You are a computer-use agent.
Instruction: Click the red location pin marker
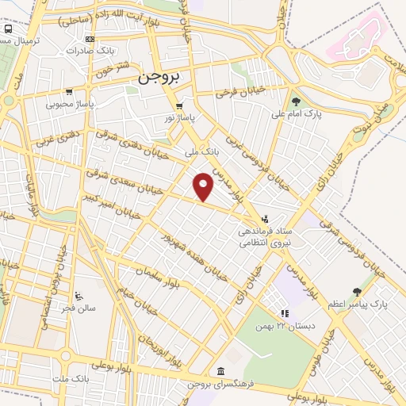tap(204, 186)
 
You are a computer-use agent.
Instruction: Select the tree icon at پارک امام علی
tap(297, 101)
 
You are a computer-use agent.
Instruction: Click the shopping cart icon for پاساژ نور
tap(180, 105)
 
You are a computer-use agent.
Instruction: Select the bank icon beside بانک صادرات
tap(90, 39)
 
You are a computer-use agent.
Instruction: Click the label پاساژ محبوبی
tap(70, 103)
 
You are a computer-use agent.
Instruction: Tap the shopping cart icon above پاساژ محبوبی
tap(69, 91)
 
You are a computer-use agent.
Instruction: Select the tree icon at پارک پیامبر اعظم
tap(356, 292)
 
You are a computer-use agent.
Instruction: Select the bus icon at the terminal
tap(7, 29)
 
